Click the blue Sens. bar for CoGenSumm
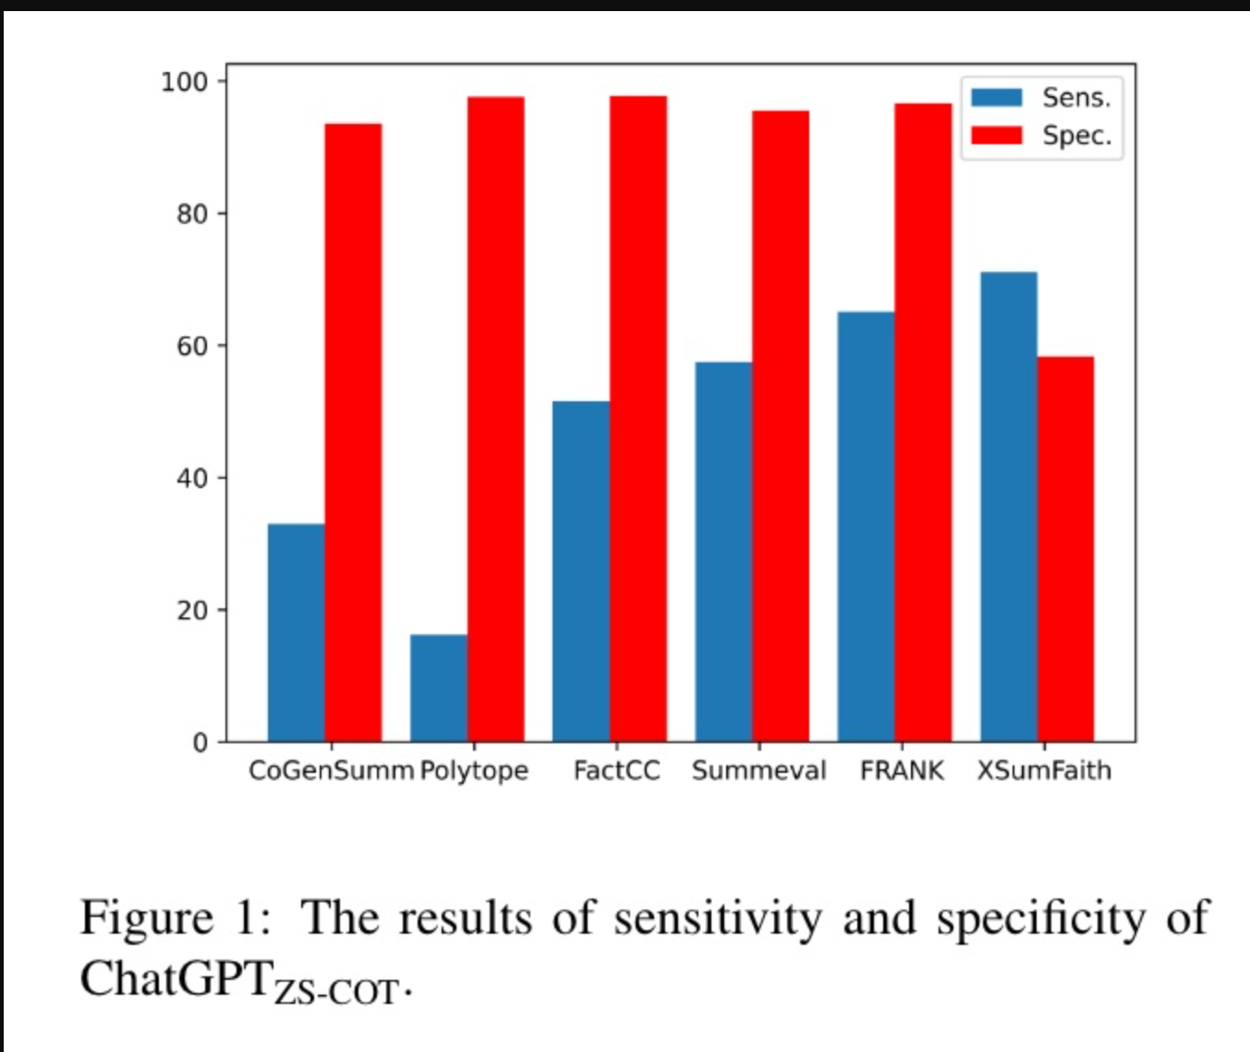click(296, 632)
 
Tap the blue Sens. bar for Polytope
click(439, 688)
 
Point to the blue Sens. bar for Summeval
click(723, 552)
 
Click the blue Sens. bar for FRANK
click(866, 527)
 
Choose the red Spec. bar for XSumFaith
click(1065, 549)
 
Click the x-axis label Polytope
click(474, 771)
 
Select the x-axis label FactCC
click(616, 770)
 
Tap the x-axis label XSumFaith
click(1044, 770)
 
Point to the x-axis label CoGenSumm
click(331, 770)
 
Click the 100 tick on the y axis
click(185, 82)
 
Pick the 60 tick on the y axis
click(192, 347)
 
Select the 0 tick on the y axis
click(200, 743)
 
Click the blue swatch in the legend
click(996, 97)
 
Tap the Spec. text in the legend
click(1076, 136)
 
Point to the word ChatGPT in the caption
click(177, 978)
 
